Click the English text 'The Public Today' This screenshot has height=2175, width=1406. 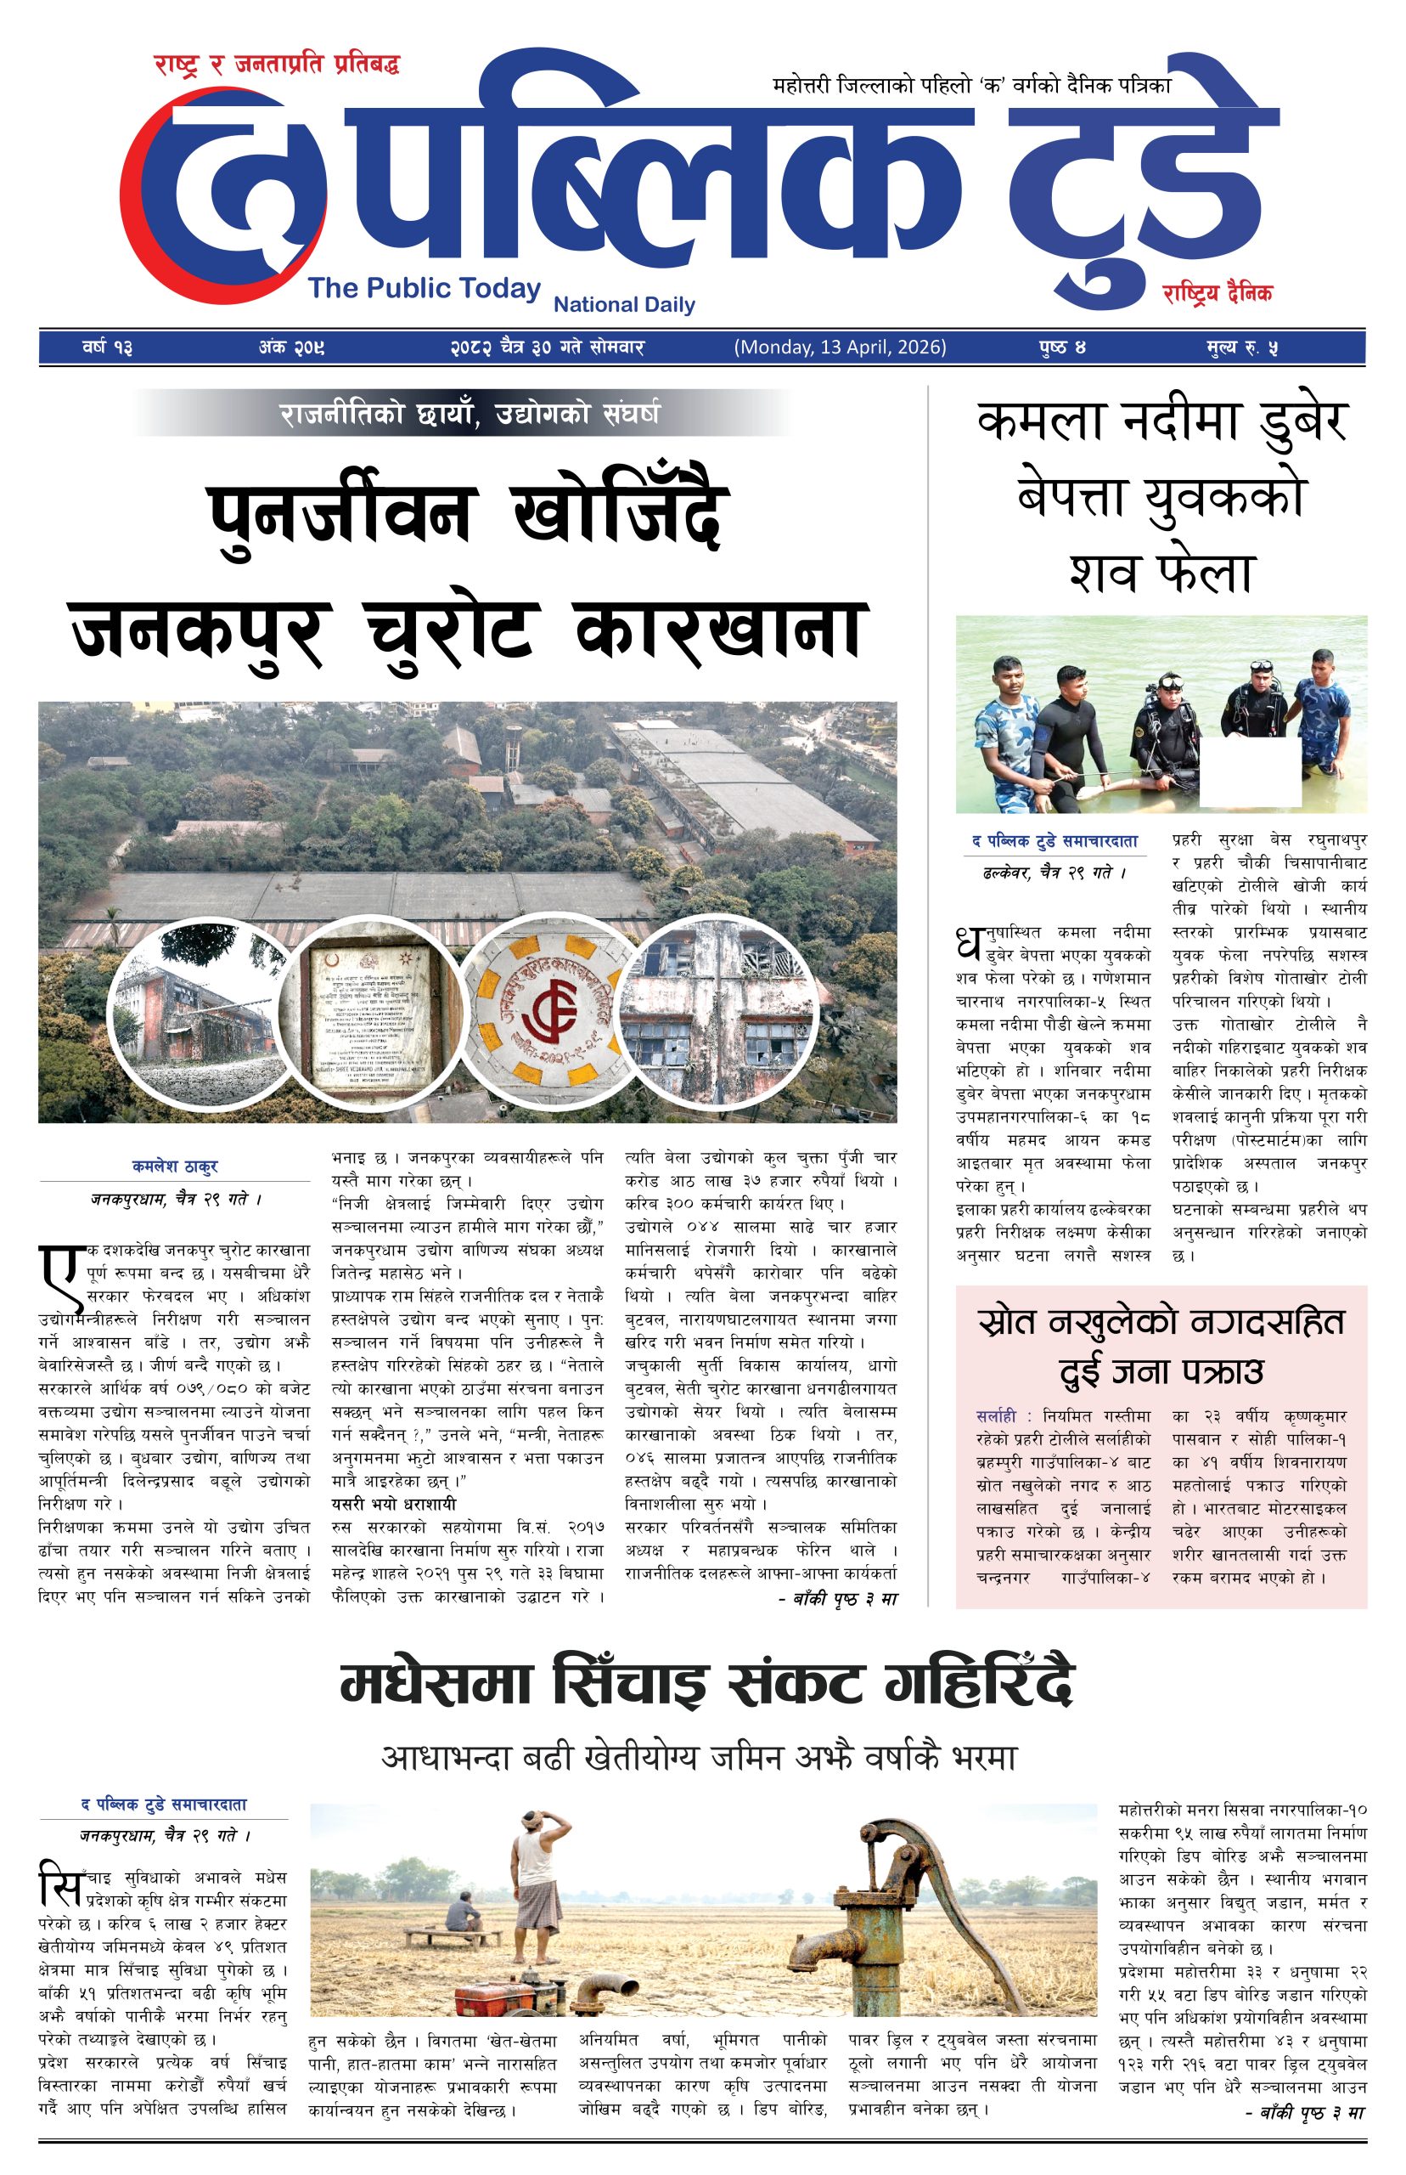pyautogui.click(x=425, y=289)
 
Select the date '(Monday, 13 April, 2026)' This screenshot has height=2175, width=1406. pyautogui.click(x=840, y=347)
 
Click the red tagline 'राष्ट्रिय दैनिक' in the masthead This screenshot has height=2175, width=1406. pyautogui.click(x=1217, y=294)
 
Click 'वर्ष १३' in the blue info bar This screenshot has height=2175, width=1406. pyautogui.click(x=107, y=348)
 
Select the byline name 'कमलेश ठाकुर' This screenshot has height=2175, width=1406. pyautogui.click(x=175, y=1167)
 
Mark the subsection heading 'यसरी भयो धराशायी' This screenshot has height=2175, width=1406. pyautogui.click(x=393, y=1505)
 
